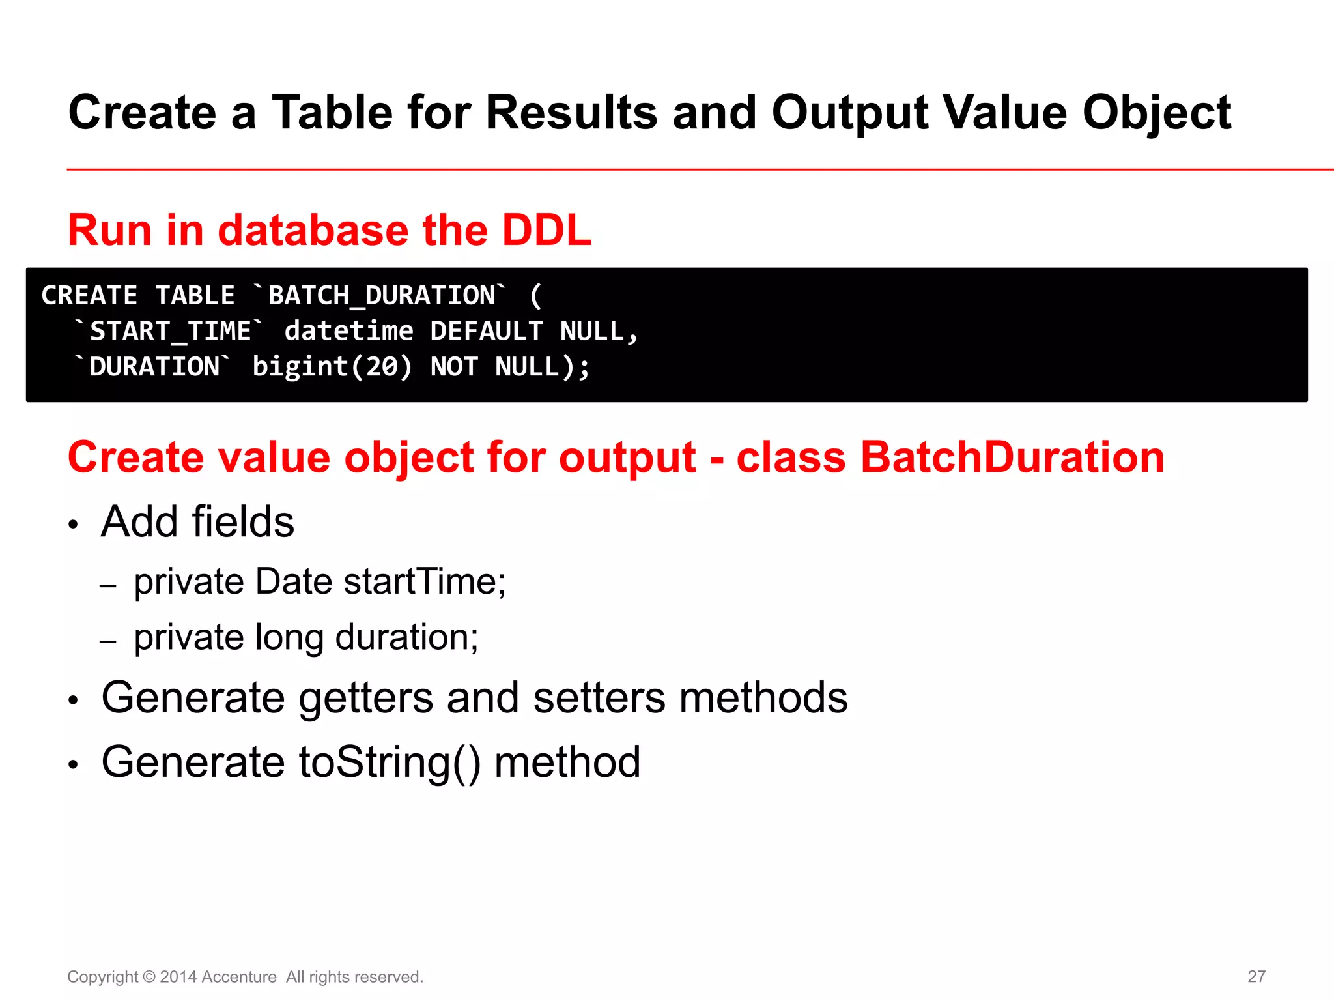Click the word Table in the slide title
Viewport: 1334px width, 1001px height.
(332, 113)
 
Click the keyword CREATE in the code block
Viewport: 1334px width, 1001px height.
(89, 296)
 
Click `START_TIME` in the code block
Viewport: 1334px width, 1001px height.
(169, 331)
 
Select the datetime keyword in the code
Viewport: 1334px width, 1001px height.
(348, 331)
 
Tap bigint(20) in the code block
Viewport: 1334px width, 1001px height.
(332, 367)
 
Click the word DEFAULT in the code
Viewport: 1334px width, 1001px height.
(486, 331)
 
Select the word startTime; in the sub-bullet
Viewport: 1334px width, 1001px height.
(424, 581)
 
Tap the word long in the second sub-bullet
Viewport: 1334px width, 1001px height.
(289, 637)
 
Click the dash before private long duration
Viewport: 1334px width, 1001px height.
(108, 641)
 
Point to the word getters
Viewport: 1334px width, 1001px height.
(365, 699)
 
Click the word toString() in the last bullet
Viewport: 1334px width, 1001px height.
(389, 762)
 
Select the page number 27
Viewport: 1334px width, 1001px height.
(1256, 976)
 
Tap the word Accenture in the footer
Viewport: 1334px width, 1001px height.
(239, 977)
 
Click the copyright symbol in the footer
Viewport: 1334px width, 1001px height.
(149, 977)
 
